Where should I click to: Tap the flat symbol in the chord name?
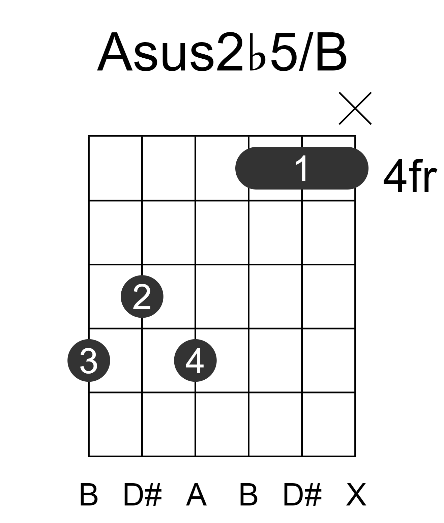point(257,52)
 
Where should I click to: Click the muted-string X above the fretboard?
point(355,108)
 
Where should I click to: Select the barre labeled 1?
point(302,168)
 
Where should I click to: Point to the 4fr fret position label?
point(410,176)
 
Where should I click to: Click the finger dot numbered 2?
point(142,296)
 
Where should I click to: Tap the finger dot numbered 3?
point(89,360)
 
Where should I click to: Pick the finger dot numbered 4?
point(195,360)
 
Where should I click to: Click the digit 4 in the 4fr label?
point(395,176)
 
